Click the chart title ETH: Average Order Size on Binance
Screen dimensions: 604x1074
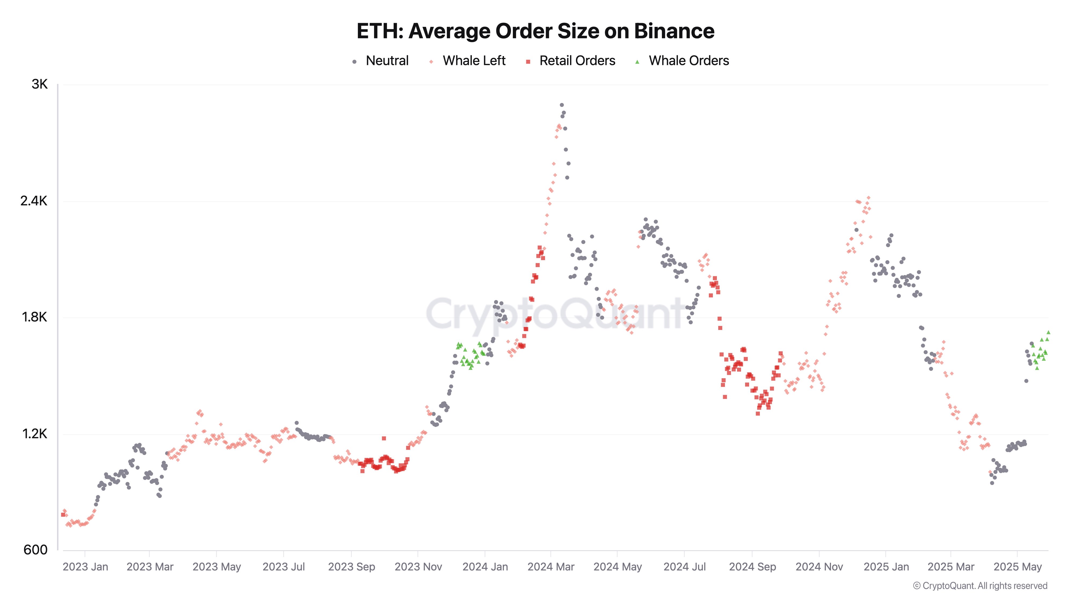coord(535,31)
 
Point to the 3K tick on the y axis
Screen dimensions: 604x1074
coord(40,85)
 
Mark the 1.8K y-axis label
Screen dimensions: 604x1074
coord(34,317)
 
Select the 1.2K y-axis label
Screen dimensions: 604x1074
coord(34,434)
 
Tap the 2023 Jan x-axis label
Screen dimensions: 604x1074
coord(85,567)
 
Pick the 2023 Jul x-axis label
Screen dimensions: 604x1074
coord(284,567)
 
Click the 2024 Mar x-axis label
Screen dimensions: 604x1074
coord(551,567)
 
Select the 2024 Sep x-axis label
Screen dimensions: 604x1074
coord(752,567)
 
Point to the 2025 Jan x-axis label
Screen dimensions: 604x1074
coord(886,567)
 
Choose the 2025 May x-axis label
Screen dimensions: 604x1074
coord(1017,567)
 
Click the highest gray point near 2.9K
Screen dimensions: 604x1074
coord(562,105)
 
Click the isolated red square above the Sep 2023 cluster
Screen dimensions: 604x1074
coord(384,439)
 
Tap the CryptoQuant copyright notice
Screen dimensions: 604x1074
coord(980,586)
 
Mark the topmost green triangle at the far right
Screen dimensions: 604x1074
coord(1048,332)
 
